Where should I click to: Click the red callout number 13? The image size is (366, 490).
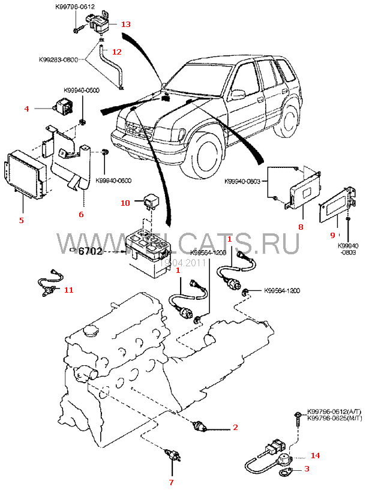point(125,25)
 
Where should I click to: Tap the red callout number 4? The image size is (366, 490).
point(26,109)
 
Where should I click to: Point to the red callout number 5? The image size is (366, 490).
point(21,220)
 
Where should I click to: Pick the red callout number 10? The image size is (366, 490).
point(125,203)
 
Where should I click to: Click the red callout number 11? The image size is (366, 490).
point(68,290)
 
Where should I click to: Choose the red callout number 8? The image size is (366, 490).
point(301,227)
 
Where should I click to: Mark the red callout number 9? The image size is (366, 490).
point(332,236)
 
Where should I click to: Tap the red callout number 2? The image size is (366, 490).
point(235,428)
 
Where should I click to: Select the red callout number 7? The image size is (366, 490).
point(170,482)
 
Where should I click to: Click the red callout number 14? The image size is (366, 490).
point(315,456)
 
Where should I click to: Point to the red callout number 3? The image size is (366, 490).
point(307,469)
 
